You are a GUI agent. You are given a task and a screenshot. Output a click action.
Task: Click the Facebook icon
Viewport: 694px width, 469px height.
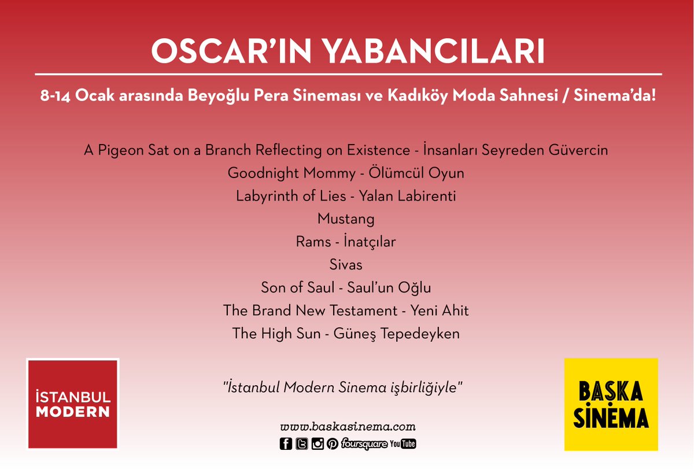(x=286, y=444)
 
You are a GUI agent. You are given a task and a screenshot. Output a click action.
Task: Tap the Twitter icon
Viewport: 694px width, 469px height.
(x=301, y=444)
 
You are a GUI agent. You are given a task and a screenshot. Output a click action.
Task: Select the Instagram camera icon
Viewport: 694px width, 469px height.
(x=318, y=444)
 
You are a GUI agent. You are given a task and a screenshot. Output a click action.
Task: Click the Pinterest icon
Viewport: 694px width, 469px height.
(x=333, y=444)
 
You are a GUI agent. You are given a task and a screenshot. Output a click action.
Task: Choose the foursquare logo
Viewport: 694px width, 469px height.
(x=364, y=444)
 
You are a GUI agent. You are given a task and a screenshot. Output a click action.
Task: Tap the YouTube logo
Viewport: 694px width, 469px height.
(x=403, y=444)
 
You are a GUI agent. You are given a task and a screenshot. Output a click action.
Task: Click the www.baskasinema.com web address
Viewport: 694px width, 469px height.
(x=348, y=427)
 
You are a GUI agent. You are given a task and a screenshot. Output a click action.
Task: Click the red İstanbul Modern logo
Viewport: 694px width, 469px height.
(x=72, y=404)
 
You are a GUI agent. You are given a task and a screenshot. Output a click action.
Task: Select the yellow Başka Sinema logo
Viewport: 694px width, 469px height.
(x=611, y=404)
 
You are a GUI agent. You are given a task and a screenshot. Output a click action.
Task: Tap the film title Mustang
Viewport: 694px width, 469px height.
(x=346, y=219)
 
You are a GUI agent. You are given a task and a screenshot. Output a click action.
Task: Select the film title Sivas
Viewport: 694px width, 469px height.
(x=346, y=265)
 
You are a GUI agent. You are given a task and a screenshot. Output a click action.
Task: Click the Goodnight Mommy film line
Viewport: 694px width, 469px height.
(x=346, y=173)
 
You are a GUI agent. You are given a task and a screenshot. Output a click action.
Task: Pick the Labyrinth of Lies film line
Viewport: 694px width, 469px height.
(x=346, y=196)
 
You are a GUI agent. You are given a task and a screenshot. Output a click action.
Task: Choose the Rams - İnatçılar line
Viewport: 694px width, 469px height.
(x=346, y=242)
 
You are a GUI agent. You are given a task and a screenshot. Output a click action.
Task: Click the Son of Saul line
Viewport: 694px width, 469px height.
(x=346, y=287)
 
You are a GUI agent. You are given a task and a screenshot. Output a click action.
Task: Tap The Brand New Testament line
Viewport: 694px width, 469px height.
(x=346, y=311)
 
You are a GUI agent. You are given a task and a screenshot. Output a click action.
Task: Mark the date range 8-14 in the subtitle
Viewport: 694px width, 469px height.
(x=55, y=95)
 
